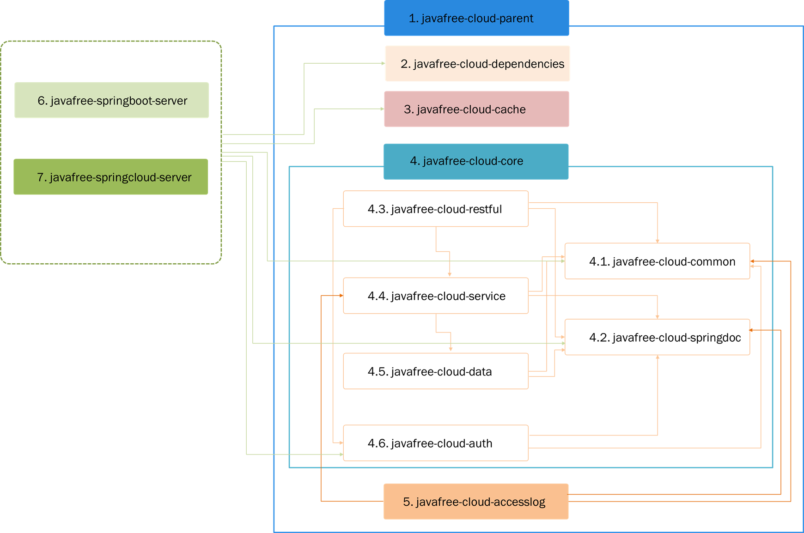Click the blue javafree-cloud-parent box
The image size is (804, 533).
click(476, 18)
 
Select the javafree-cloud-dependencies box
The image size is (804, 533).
click(477, 64)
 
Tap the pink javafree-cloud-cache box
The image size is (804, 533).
click(476, 109)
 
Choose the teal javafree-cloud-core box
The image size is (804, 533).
click(476, 161)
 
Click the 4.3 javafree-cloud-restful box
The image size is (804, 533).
click(435, 209)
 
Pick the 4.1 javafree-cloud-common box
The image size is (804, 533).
click(657, 261)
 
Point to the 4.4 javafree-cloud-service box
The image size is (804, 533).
click(435, 296)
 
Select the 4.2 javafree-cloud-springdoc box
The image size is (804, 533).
click(657, 337)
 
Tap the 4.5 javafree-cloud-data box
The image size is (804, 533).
click(435, 371)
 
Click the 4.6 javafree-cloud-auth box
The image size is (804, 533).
click(435, 443)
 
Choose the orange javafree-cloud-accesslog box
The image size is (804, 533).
click(476, 502)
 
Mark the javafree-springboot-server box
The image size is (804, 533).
click(111, 100)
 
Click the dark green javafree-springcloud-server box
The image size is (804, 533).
click(111, 177)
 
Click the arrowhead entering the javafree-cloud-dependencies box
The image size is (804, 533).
click(383, 63)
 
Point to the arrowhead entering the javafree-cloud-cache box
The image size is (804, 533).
click(382, 109)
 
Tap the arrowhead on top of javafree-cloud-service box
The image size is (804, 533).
click(450, 275)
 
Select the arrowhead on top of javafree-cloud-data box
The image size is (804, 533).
click(451, 350)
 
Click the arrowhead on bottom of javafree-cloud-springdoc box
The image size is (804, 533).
click(658, 357)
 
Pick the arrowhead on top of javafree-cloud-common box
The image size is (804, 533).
click(658, 241)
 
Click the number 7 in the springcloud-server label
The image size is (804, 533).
click(40, 177)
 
